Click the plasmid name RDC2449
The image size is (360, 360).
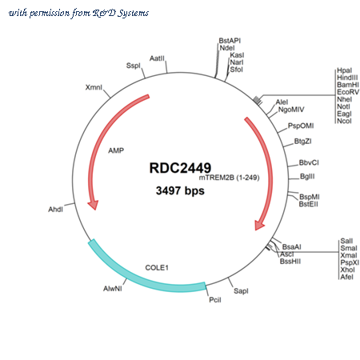(x=180, y=168)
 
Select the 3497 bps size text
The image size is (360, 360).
(x=180, y=190)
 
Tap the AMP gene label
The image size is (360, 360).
(x=116, y=150)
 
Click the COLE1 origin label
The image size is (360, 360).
(x=157, y=267)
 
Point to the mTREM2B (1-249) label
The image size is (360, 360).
(x=230, y=178)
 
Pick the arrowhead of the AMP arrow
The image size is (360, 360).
(x=94, y=205)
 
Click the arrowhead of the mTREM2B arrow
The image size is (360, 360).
(x=258, y=225)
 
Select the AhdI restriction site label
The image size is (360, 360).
(x=55, y=210)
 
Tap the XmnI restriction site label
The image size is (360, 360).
(x=94, y=87)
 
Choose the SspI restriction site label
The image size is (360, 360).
(x=133, y=66)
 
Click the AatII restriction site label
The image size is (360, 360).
(x=157, y=58)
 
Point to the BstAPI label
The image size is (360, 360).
(x=230, y=41)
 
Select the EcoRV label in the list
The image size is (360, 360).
(x=348, y=92)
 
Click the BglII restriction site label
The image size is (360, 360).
(x=307, y=176)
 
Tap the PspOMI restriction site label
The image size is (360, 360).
(x=301, y=126)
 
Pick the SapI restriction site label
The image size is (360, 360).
(x=241, y=291)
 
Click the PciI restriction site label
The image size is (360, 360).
(x=215, y=300)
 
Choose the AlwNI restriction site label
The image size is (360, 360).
(x=113, y=289)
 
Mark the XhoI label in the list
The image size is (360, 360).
(x=347, y=270)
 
